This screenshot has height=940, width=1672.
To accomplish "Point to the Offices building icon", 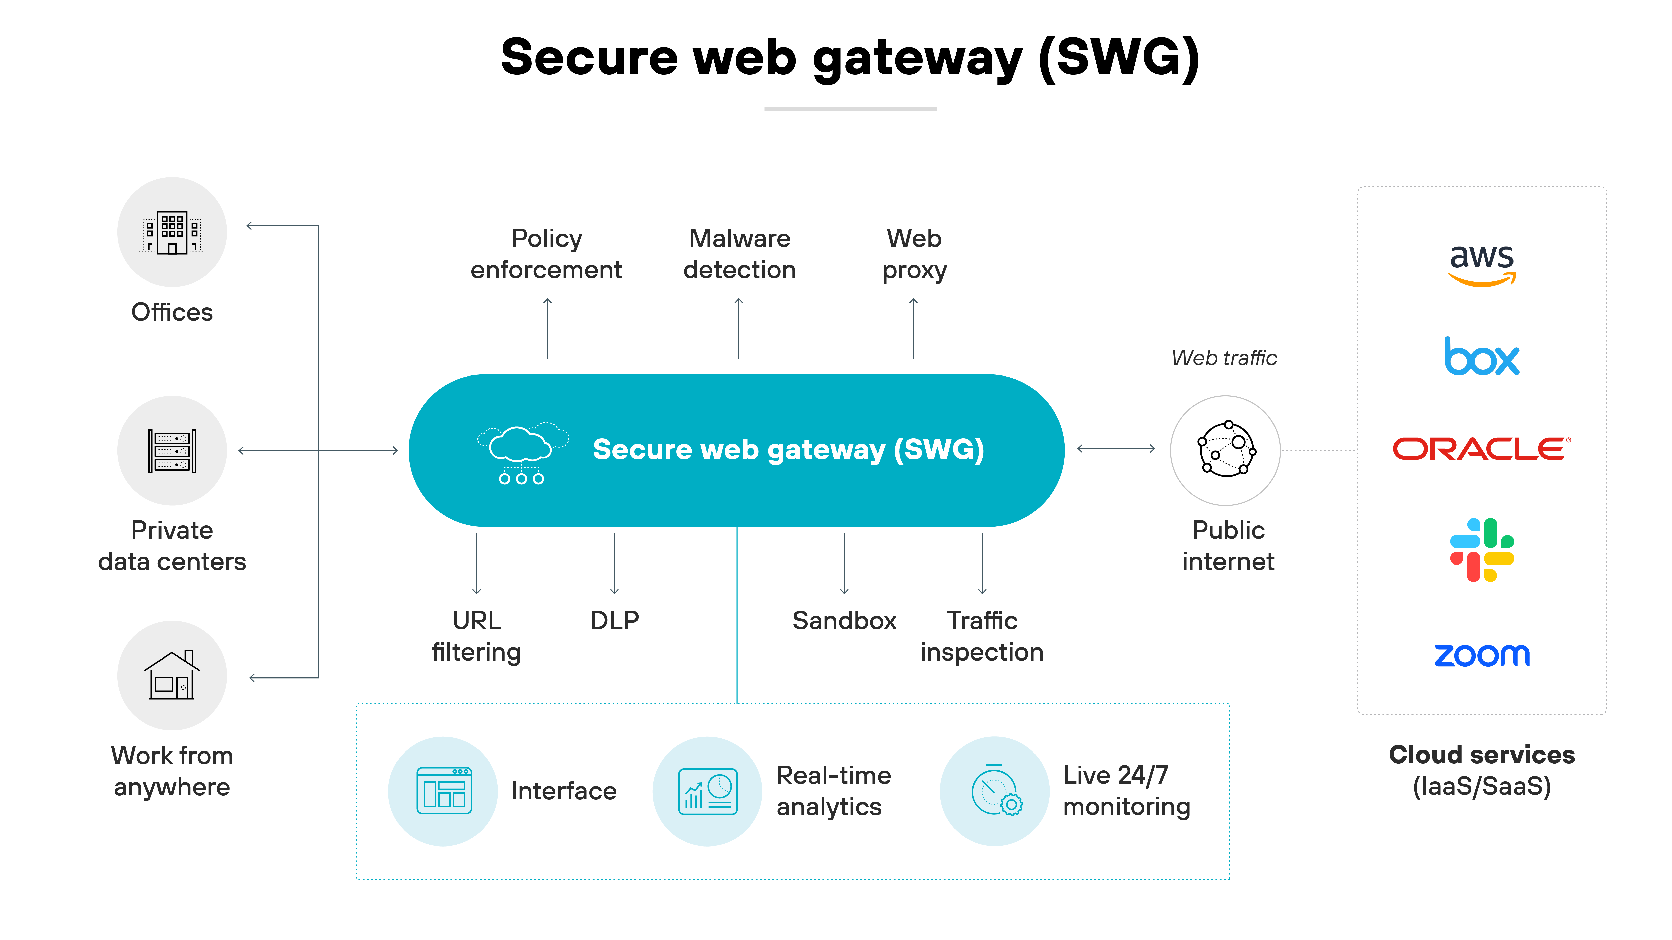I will coord(172,232).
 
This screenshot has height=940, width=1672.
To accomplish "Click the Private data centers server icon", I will coord(172,451).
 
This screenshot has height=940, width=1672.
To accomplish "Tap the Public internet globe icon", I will coord(1225,450).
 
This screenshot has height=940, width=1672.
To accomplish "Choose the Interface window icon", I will coord(444,791).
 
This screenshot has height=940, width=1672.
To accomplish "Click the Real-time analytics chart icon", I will coord(707,791).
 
